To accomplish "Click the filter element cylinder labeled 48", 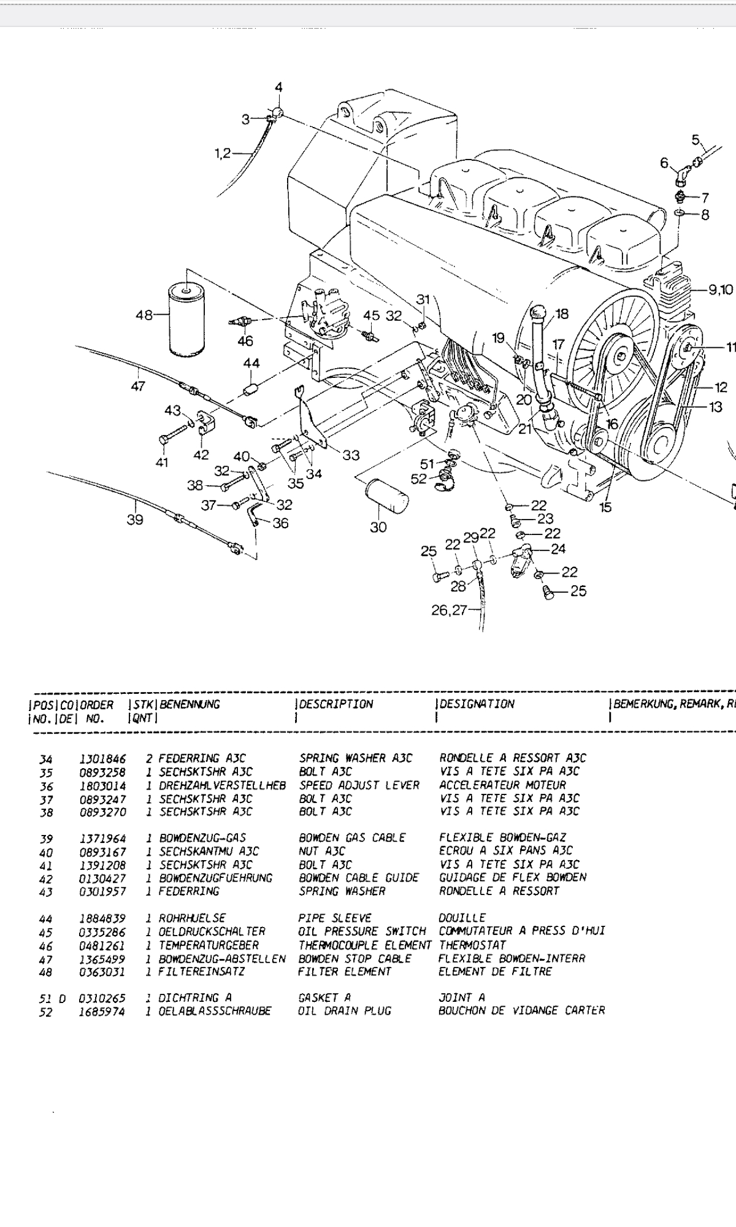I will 188,319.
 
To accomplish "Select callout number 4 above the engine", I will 279,88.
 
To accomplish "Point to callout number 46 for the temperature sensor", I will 245,341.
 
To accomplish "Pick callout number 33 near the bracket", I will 351,455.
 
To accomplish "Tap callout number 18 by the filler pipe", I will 562,314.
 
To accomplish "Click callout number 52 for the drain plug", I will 418,479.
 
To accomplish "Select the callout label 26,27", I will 449,610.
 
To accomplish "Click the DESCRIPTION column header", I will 336,704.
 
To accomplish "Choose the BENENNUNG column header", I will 190,704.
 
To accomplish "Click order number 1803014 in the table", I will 102,785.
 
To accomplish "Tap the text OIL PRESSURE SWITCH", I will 362,931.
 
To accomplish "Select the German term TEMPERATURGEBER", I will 209,945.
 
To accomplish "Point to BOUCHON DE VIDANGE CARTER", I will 521,1010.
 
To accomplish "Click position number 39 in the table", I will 46,839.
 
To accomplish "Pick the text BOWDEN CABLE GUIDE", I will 359,878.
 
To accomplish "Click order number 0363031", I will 102,972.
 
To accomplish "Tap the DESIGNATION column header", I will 477,704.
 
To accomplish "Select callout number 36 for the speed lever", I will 280,523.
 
